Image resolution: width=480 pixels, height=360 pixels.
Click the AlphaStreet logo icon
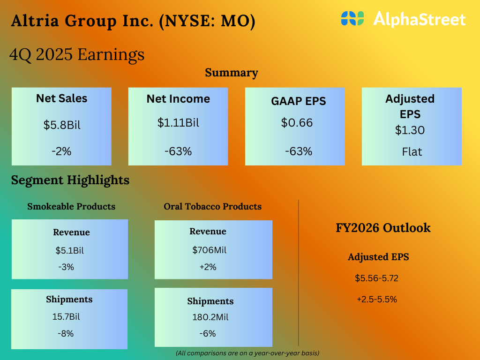(352, 19)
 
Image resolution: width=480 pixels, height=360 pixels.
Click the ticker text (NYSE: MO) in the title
(207, 22)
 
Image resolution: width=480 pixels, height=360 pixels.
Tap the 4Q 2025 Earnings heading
(77, 55)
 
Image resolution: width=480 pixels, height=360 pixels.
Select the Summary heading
(232, 73)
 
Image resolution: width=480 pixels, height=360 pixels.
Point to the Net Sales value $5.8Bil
(62, 125)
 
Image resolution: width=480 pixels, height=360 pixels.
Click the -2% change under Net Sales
(62, 151)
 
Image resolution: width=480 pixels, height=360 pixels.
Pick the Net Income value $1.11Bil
(178, 123)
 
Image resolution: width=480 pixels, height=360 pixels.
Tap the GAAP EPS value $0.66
(297, 123)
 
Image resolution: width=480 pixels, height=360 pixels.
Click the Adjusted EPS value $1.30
(410, 130)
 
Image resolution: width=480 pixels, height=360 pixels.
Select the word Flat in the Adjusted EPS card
(412, 151)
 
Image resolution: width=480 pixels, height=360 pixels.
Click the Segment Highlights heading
(70, 180)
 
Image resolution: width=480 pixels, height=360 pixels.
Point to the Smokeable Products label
(71, 206)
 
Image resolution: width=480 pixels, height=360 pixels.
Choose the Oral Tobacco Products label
(212, 206)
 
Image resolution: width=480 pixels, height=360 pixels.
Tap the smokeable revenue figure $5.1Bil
(70, 250)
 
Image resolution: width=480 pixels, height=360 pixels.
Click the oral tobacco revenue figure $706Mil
(209, 250)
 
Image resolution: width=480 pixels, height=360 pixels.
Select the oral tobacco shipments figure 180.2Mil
(210, 317)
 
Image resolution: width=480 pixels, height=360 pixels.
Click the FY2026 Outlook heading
(383, 228)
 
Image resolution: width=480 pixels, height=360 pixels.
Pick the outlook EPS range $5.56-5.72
(376, 278)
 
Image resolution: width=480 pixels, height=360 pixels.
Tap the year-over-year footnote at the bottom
(247, 352)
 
